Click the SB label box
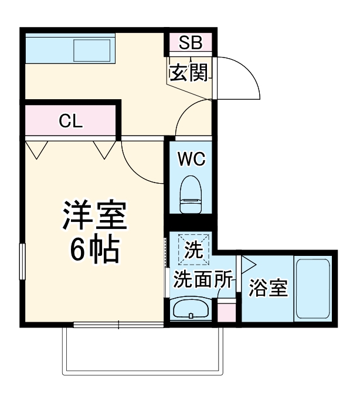coord(191,43)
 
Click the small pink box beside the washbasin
coord(226,310)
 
